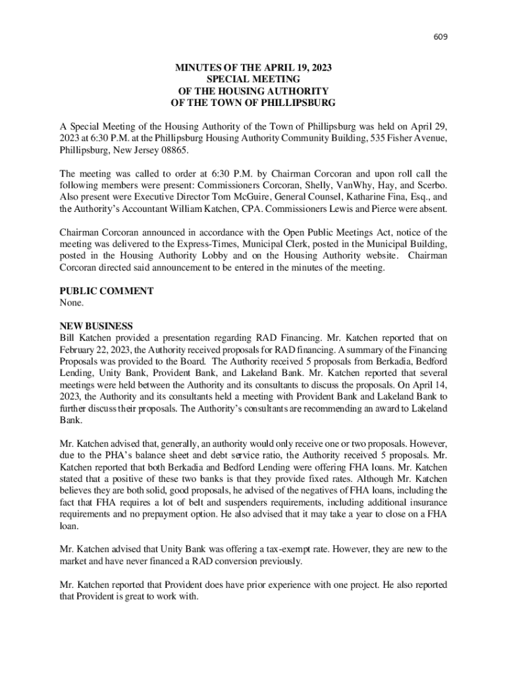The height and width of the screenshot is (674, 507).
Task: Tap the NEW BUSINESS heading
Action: pos(96,326)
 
